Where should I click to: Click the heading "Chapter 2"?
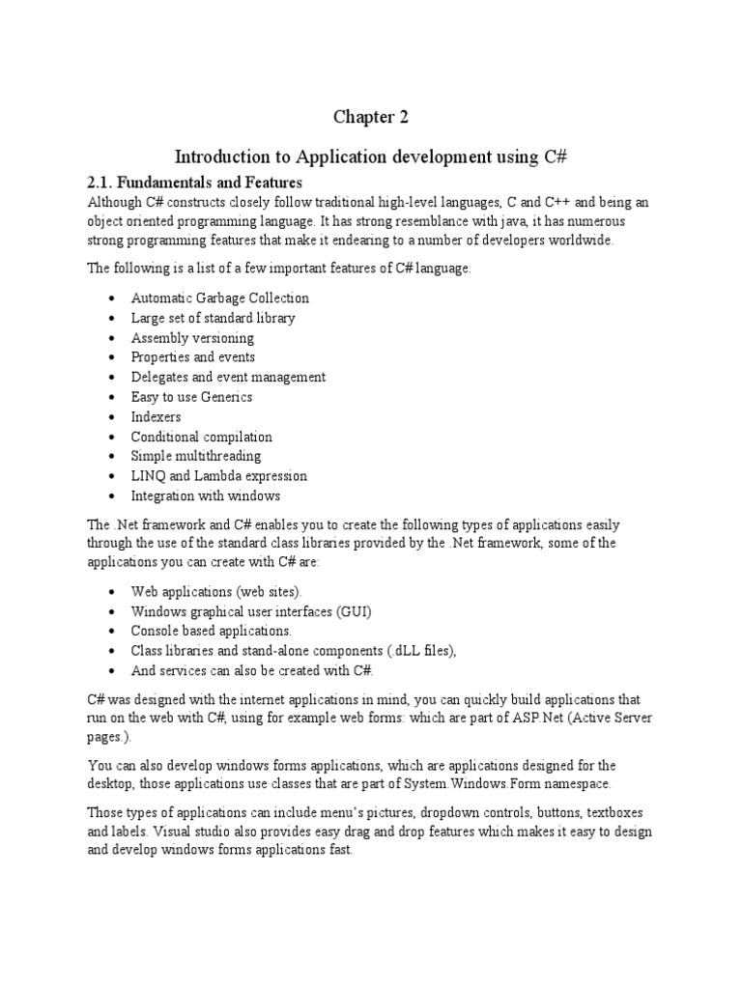371,118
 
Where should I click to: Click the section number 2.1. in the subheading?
103,182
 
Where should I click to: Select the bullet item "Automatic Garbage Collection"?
220,298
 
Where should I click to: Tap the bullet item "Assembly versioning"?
192,338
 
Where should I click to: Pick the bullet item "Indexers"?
156,417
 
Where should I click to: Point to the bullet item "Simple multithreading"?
196,456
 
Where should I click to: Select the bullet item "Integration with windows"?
206,495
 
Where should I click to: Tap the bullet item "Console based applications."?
211,631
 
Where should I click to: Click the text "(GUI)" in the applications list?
353,611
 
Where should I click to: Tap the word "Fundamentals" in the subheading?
166,182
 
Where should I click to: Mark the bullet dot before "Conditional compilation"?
114,438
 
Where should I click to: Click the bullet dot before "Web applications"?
114,592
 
